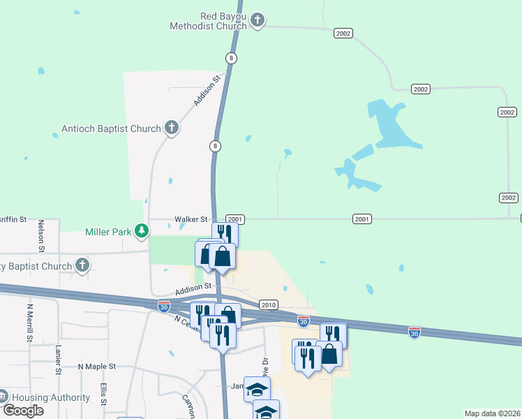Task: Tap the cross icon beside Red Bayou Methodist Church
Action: (x=258, y=20)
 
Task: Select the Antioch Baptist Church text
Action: (x=111, y=128)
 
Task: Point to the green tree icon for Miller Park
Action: (x=142, y=230)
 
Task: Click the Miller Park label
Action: (x=108, y=232)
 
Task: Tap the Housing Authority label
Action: (x=51, y=397)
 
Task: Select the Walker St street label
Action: (x=191, y=219)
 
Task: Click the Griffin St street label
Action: (x=13, y=219)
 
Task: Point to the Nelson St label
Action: (x=42, y=236)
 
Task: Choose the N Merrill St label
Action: (x=30, y=322)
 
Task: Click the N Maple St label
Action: (x=96, y=366)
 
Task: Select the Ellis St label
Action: (x=103, y=394)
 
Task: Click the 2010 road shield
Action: (x=269, y=305)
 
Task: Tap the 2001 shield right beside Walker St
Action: (x=235, y=219)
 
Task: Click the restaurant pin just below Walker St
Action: (x=225, y=233)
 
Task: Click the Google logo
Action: (x=23, y=411)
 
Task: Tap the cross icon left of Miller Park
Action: (x=82, y=265)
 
